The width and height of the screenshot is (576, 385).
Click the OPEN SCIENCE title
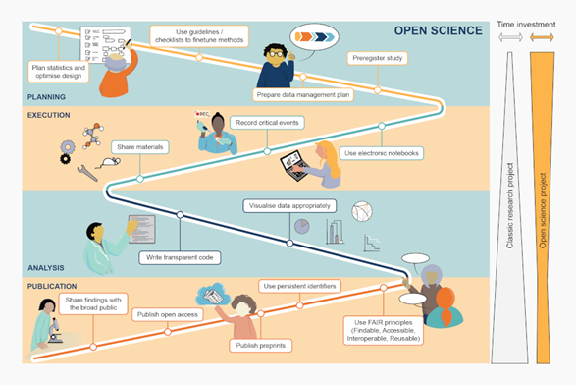coord(438,29)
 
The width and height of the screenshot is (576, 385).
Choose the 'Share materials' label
coord(139,146)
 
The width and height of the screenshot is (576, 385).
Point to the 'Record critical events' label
coord(267,123)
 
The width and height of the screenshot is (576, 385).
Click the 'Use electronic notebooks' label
coord(380,153)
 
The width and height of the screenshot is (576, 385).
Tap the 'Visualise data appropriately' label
coord(289,206)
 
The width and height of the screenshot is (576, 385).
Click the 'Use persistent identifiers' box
coord(300,286)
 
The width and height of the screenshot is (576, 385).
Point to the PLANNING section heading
coord(46,96)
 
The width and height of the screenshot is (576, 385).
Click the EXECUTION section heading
coord(49,115)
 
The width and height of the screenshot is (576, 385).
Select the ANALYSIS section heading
coord(45,266)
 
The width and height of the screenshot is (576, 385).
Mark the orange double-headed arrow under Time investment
coord(542,37)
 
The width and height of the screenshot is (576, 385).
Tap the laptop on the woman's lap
coord(294,163)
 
